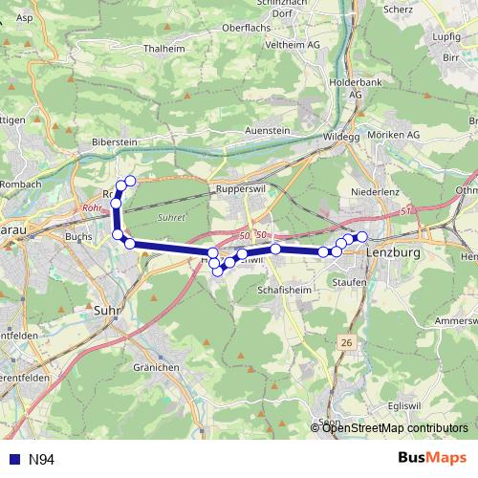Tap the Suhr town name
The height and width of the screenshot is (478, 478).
[x=107, y=310]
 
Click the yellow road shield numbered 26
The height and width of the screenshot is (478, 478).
[x=347, y=341]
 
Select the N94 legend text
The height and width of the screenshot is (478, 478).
[x=41, y=460]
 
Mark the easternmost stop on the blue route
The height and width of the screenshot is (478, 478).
[x=361, y=236]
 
